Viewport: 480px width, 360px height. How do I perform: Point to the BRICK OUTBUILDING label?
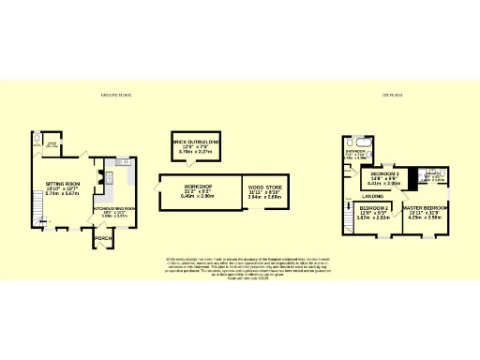(196, 142)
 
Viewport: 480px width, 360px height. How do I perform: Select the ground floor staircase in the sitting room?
(38, 217)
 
